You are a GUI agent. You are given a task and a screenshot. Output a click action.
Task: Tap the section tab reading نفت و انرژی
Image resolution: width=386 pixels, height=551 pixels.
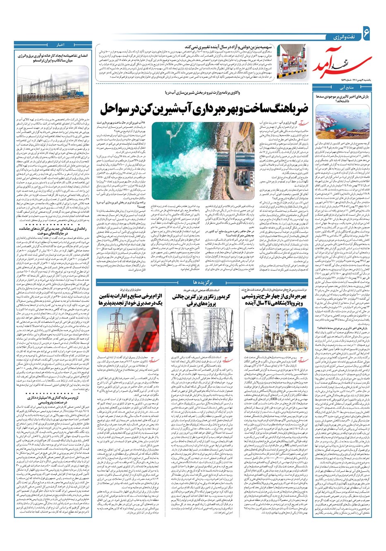tap(343, 38)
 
